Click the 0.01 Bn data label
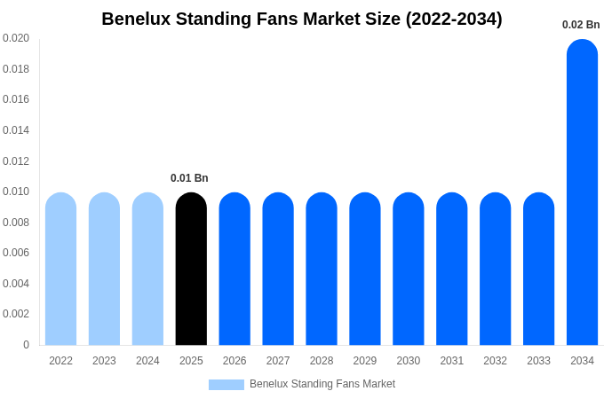pos(189,178)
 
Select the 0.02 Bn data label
pos(581,25)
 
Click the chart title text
pos(301,19)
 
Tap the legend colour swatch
pos(226,385)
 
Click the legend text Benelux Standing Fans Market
pos(322,384)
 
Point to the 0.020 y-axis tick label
pos(16,38)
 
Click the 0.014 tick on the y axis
pos(16,130)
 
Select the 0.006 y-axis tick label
pos(16,253)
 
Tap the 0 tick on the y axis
pos(26,345)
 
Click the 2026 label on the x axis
pos(234,361)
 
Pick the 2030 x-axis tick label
pos(409,361)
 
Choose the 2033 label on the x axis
pos(538,361)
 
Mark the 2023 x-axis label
pos(104,361)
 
